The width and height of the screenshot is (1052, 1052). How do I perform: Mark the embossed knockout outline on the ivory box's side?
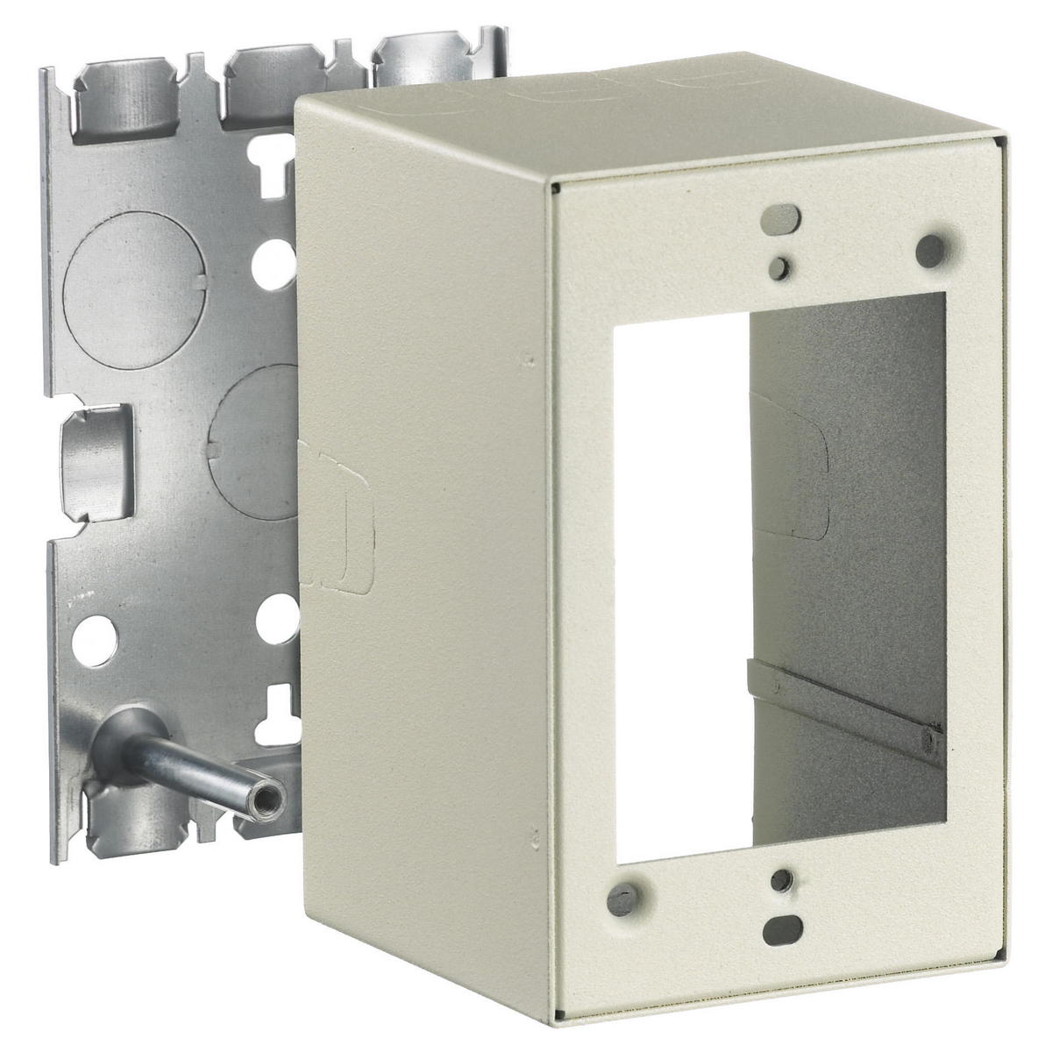(338, 508)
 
